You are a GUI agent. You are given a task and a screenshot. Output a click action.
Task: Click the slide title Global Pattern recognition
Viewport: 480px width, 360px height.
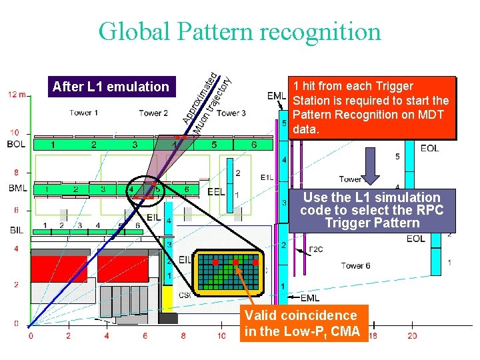tap(239, 31)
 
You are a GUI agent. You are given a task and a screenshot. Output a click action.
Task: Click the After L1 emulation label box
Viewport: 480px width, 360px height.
tap(111, 87)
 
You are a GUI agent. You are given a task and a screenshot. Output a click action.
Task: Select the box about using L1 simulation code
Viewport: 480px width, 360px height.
tap(371, 210)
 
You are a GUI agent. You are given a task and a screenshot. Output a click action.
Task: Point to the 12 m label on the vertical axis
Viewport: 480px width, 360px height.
tap(18, 95)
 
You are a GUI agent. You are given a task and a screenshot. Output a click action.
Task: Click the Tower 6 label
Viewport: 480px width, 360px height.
tap(356, 265)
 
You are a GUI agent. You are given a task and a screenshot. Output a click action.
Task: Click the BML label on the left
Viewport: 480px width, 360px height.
tap(18, 189)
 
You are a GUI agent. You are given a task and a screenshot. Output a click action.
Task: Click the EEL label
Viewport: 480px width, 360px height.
tap(216, 191)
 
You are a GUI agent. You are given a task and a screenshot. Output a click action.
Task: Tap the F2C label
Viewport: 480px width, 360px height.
tap(315, 249)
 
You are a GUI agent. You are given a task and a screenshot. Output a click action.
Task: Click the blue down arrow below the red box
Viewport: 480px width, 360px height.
tap(371, 169)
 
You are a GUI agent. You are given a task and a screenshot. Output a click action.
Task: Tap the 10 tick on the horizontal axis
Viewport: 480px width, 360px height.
tap(222, 336)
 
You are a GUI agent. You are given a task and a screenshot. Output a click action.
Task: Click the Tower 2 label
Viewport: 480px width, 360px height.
tap(153, 113)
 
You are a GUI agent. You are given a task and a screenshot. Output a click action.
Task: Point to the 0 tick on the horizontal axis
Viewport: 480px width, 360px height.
tap(31, 336)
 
